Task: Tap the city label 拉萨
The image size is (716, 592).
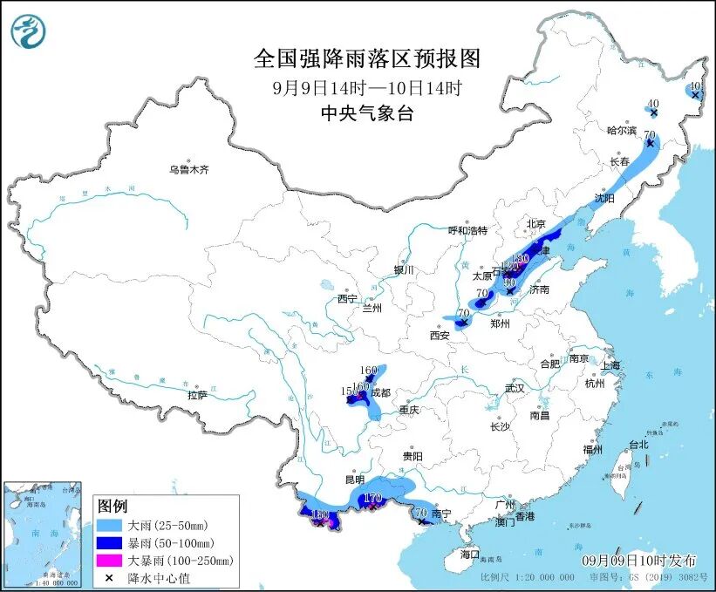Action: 198,395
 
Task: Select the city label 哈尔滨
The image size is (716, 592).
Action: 623,131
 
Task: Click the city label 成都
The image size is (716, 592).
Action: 380,392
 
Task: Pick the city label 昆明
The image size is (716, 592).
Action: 354,480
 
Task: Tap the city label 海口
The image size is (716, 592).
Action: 470,555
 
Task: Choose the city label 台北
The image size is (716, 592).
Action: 638,444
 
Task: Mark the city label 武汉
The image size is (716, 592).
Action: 515,388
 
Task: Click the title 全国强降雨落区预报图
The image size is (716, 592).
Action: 366,58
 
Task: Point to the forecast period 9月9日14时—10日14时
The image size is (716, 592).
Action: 366,87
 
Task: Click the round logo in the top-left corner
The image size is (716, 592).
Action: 28,32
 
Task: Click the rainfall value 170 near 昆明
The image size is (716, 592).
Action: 373,499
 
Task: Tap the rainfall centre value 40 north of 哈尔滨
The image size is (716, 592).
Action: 653,103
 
